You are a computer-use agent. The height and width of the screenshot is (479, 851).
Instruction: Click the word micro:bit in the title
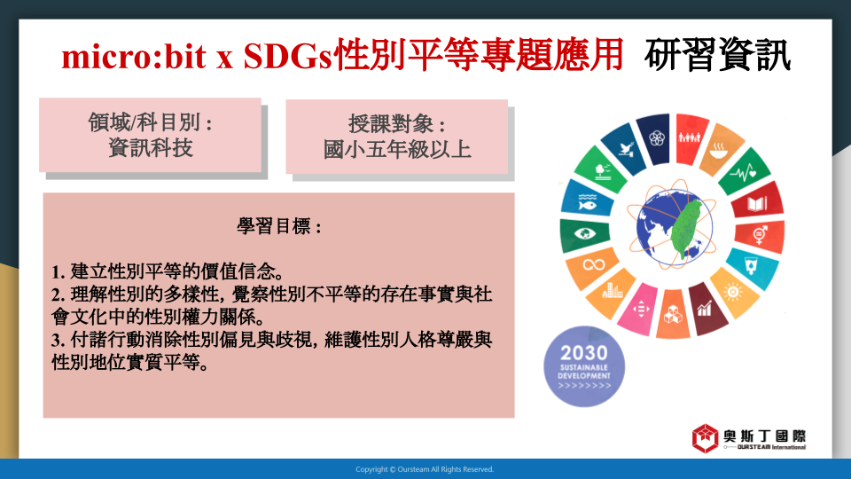pyautogui.click(x=134, y=57)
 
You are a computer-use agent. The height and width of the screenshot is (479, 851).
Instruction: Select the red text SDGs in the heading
pyautogui.click(x=287, y=57)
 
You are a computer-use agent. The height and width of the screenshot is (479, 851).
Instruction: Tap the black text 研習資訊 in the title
pyautogui.click(x=717, y=55)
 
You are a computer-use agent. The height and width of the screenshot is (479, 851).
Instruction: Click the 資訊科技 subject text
pyautogui.click(x=151, y=148)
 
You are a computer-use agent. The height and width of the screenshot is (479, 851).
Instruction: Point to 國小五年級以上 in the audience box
pyautogui.click(x=397, y=149)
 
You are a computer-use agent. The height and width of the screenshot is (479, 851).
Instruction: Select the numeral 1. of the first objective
pyautogui.click(x=59, y=271)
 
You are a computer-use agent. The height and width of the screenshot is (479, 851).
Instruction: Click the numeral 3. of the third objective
pyautogui.click(x=59, y=341)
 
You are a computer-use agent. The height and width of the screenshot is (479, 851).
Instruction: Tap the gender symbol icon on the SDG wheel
pyautogui.click(x=761, y=234)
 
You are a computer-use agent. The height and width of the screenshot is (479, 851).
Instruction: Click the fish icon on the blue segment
pyautogui.click(x=587, y=202)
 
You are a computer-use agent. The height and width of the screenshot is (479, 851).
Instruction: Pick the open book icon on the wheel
pyautogui.click(x=757, y=204)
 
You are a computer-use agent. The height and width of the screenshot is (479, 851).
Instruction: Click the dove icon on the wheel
pyautogui.click(x=627, y=148)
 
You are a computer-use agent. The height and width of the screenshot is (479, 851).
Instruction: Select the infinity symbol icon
pyautogui.click(x=594, y=265)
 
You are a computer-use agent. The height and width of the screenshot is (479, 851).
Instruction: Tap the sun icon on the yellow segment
pyautogui.click(x=733, y=292)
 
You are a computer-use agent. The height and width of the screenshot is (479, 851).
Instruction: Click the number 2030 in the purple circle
pyautogui.click(x=584, y=353)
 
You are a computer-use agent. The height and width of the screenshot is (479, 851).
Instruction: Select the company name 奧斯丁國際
pyautogui.click(x=764, y=436)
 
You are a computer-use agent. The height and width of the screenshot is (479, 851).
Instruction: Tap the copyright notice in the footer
pyautogui.click(x=425, y=469)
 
